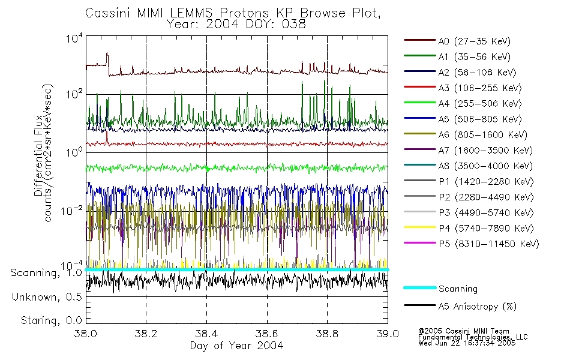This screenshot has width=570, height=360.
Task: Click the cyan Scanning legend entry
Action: coord(458,289)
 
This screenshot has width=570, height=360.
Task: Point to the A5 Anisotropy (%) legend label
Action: coord(477,307)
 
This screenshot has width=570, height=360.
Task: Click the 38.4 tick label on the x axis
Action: coord(206,334)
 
